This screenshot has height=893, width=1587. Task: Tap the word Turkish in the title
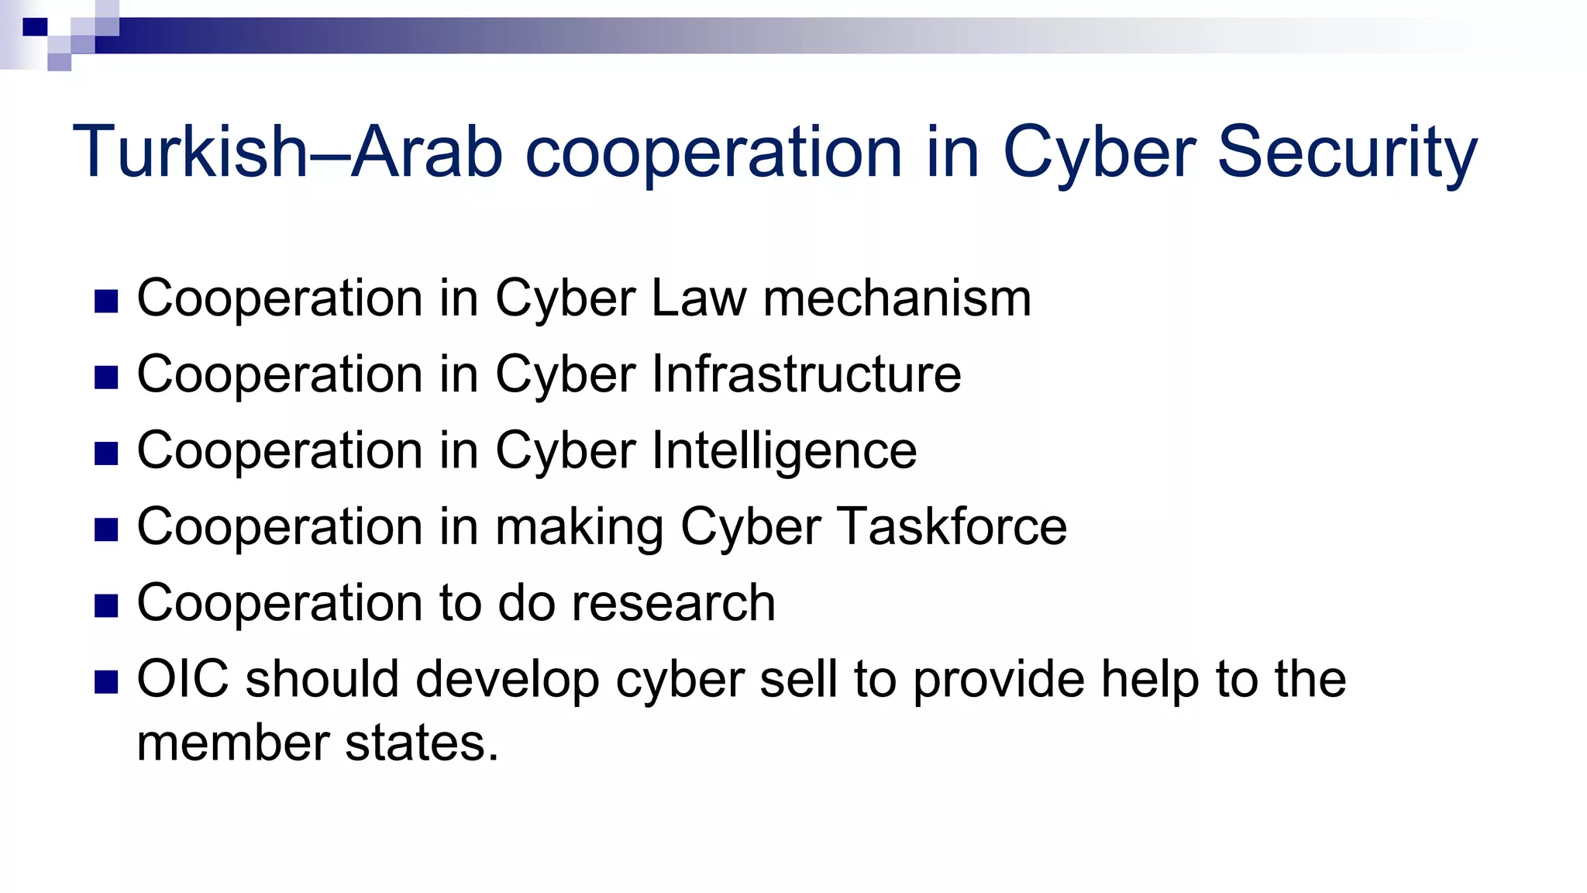191,152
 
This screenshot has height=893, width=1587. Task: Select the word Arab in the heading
427,152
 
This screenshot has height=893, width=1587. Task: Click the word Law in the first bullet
699,298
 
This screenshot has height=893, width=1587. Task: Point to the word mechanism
897,298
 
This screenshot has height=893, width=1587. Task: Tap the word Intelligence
783,451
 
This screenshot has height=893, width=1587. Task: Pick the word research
673,603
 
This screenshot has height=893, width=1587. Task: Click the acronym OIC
183,679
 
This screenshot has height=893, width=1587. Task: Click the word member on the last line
232,743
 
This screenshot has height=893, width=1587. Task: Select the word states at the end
421,743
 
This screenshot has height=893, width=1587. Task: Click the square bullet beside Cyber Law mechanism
106,302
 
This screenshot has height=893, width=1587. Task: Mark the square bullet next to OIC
106,682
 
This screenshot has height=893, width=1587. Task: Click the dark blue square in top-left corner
35,27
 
